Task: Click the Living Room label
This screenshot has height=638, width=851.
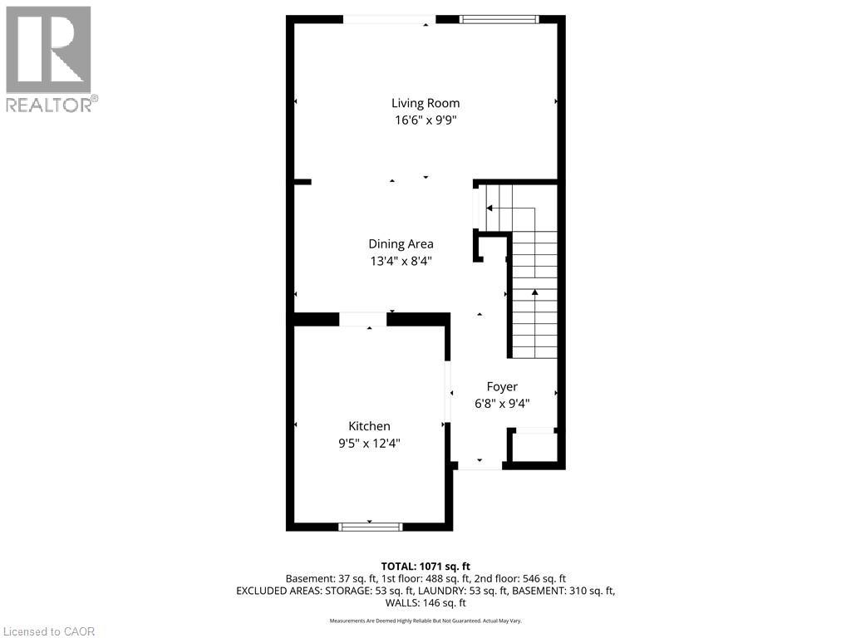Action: click(425, 103)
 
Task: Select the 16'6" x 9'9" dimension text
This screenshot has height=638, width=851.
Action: click(425, 120)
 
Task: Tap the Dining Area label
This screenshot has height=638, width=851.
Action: click(401, 244)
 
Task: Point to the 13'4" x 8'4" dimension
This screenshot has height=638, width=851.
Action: click(401, 261)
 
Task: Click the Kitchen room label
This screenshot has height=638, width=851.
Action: click(369, 426)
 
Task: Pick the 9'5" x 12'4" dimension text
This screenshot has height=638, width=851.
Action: click(369, 443)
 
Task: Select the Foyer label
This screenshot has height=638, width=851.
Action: click(502, 386)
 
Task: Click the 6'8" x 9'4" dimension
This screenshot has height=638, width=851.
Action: click(502, 403)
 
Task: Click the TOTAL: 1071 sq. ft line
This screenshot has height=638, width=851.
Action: click(425, 565)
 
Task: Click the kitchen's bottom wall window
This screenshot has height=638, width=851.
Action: click(370, 526)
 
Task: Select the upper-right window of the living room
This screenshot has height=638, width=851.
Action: click(499, 19)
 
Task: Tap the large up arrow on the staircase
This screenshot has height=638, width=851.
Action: click(534, 293)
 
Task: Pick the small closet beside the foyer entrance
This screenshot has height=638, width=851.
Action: click(533, 448)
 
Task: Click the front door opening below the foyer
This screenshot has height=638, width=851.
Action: click(480, 465)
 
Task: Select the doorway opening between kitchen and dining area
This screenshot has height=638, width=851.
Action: click(363, 319)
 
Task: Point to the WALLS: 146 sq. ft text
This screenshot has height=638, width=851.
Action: click(425, 603)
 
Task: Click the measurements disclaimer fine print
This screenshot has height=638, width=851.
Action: click(425, 621)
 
